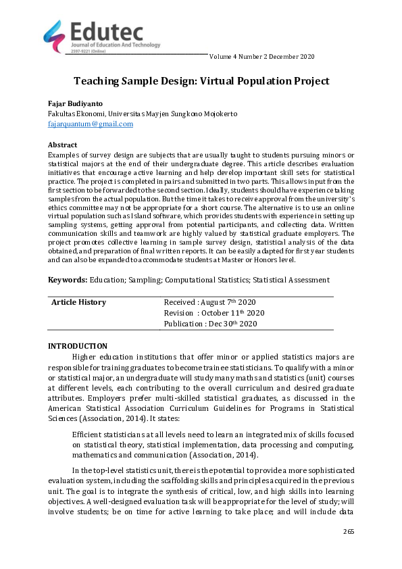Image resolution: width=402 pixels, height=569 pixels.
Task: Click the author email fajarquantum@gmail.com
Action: pyautogui.click(x=91, y=124)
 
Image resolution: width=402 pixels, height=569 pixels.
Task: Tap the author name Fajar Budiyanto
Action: pyautogui.click(x=76, y=103)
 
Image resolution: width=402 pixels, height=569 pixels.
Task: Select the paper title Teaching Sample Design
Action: pyautogui.click(x=201, y=81)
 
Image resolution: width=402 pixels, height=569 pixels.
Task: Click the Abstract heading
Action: pyautogui.click(x=62, y=145)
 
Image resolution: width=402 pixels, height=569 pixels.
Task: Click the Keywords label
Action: pyautogui.click(x=67, y=280)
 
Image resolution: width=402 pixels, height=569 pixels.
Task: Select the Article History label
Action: pyautogui.click(x=79, y=302)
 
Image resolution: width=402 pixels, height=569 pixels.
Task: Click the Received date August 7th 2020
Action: pyautogui.click(x=209, y=302)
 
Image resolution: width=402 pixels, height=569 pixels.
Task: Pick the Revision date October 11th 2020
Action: pyautogui.click(x=214, y=313)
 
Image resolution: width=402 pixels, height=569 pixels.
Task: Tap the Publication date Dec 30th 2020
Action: pyautogui.click(x=210, y=324)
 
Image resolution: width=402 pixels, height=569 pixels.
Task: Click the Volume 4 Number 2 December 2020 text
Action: pyautogui.click(x=262, y=56)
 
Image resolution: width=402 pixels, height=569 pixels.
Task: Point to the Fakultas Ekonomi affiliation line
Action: pyautogui.click(x=143, y=114)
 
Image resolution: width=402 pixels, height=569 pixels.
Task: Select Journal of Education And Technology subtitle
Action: pyautogui.click(x=116, y=45)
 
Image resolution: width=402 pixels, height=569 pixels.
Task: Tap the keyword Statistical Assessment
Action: pyautogui.click(x=293, y=280)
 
